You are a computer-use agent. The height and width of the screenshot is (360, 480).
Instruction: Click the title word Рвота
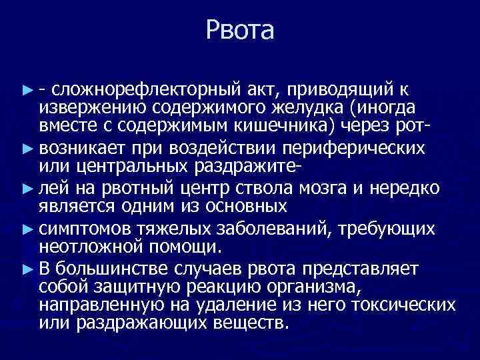[x=240, y=30]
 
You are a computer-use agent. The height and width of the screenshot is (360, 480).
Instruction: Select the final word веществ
[x=254, y=323]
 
